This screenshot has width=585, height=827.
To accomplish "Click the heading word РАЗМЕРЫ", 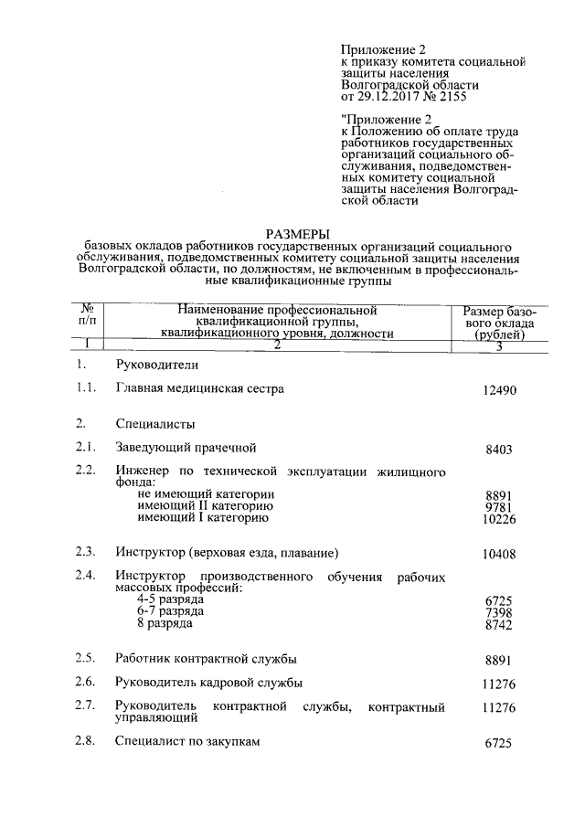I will pos(299,234).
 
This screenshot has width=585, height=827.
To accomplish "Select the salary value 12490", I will pos(500,390).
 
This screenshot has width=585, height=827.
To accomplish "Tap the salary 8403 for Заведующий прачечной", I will pos(504,450).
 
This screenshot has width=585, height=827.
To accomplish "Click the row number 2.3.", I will pos(86,552).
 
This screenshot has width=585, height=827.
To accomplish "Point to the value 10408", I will pos(500,555).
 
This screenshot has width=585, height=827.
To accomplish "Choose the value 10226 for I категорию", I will pos(500,519).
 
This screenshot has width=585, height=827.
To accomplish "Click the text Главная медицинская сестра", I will pos(199,388).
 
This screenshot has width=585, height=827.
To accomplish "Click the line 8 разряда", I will pos(165,622).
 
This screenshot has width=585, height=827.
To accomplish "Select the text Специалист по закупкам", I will pos(188,741).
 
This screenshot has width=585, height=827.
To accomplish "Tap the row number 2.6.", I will pos(86,682).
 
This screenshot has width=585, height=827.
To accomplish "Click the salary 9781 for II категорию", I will pos(504,507).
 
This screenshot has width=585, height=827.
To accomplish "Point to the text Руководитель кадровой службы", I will pos(208,682).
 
